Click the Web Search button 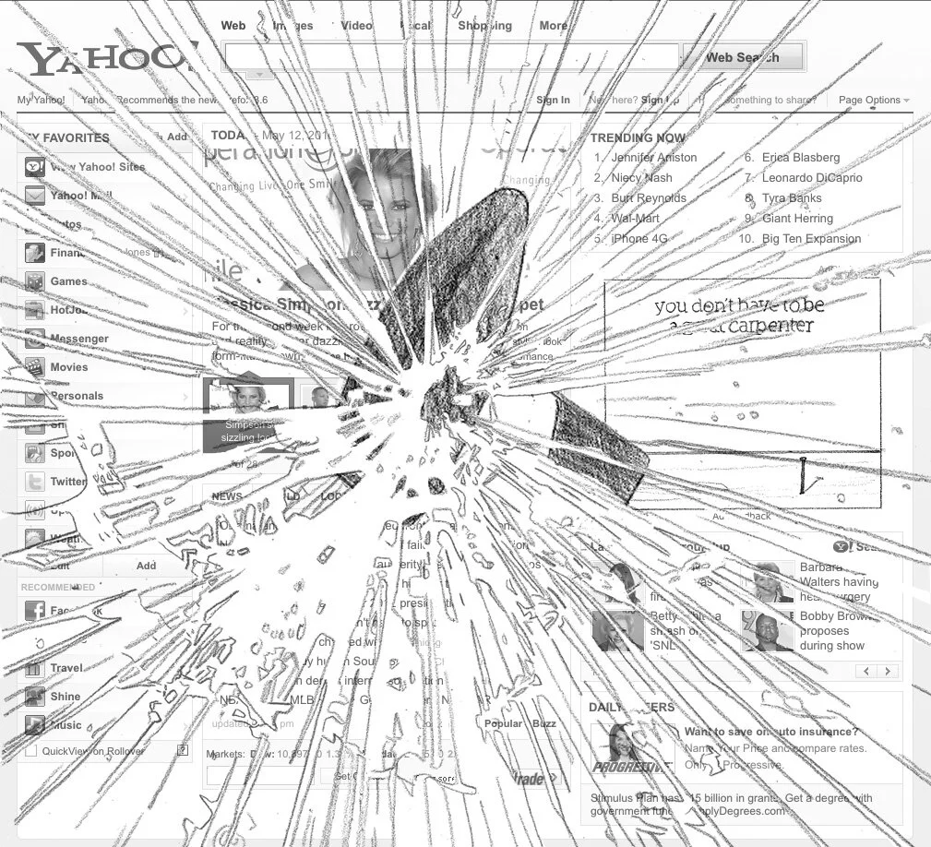point(742,57)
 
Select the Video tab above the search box point(356,26)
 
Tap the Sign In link point(553,100)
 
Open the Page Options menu point(873,100)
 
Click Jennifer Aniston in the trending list point(653,158)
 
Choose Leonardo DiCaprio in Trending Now point(811,178)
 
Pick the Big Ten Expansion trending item point(811,239)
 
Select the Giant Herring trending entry point(797,219)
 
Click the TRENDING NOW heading point(638,137)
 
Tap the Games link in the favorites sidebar point(68,281)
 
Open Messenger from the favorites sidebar point(78,339)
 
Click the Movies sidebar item point(69,367)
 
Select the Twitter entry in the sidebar point(68,482)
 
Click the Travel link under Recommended point(66,668)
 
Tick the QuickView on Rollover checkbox point(30,751)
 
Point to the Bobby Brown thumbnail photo point(768,632)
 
